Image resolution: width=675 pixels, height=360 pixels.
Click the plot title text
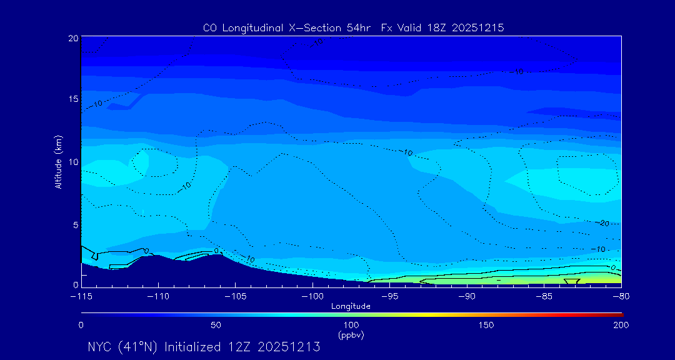[x=353, y=27]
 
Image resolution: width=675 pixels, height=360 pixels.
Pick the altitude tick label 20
[x=72, y=38]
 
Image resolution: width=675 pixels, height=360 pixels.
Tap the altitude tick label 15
[x=72, y=99]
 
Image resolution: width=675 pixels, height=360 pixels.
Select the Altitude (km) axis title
[x=58, y=162]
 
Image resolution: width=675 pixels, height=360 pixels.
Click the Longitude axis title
[x=351, y=306]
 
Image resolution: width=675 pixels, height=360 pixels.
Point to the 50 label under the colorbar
[x=216, y=325]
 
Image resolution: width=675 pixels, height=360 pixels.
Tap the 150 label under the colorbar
[x=486, y=325]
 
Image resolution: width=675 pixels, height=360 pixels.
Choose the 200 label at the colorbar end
[x=621, y=325]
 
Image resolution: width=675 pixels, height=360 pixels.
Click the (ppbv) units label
[x=351, y=335]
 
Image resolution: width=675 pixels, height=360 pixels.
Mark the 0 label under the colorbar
[x=81, y=325]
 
